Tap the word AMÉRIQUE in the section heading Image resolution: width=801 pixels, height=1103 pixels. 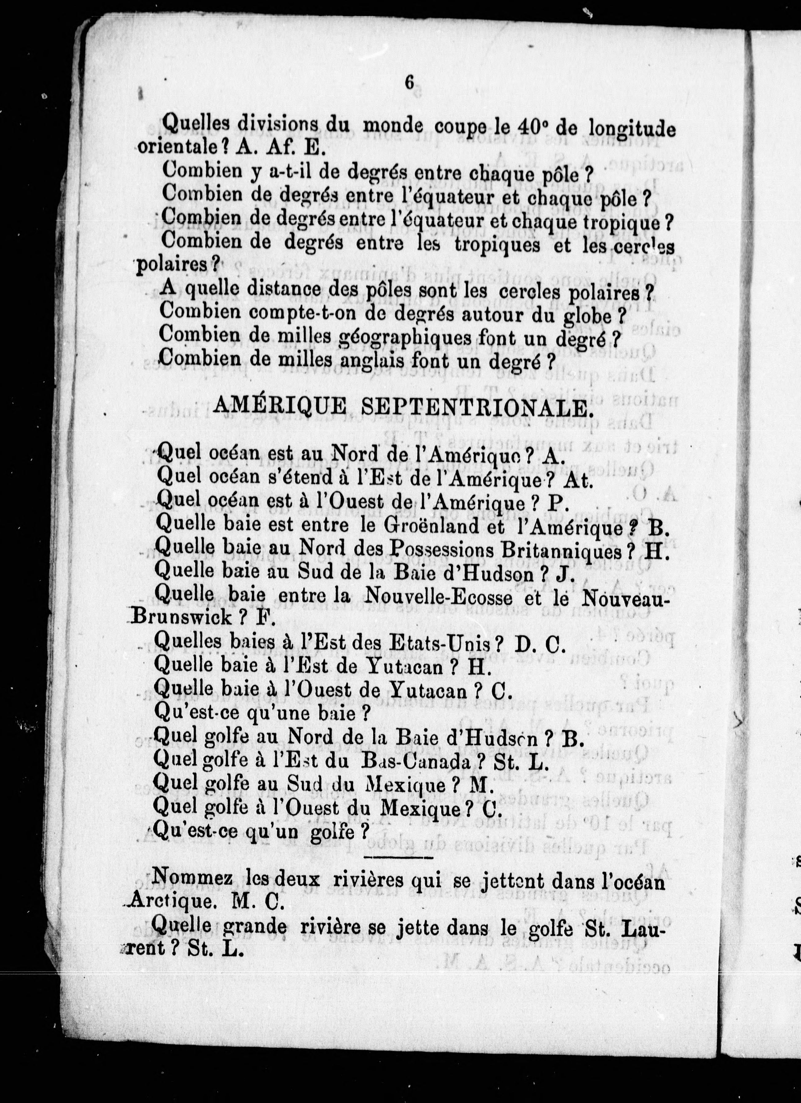coord(280,407)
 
